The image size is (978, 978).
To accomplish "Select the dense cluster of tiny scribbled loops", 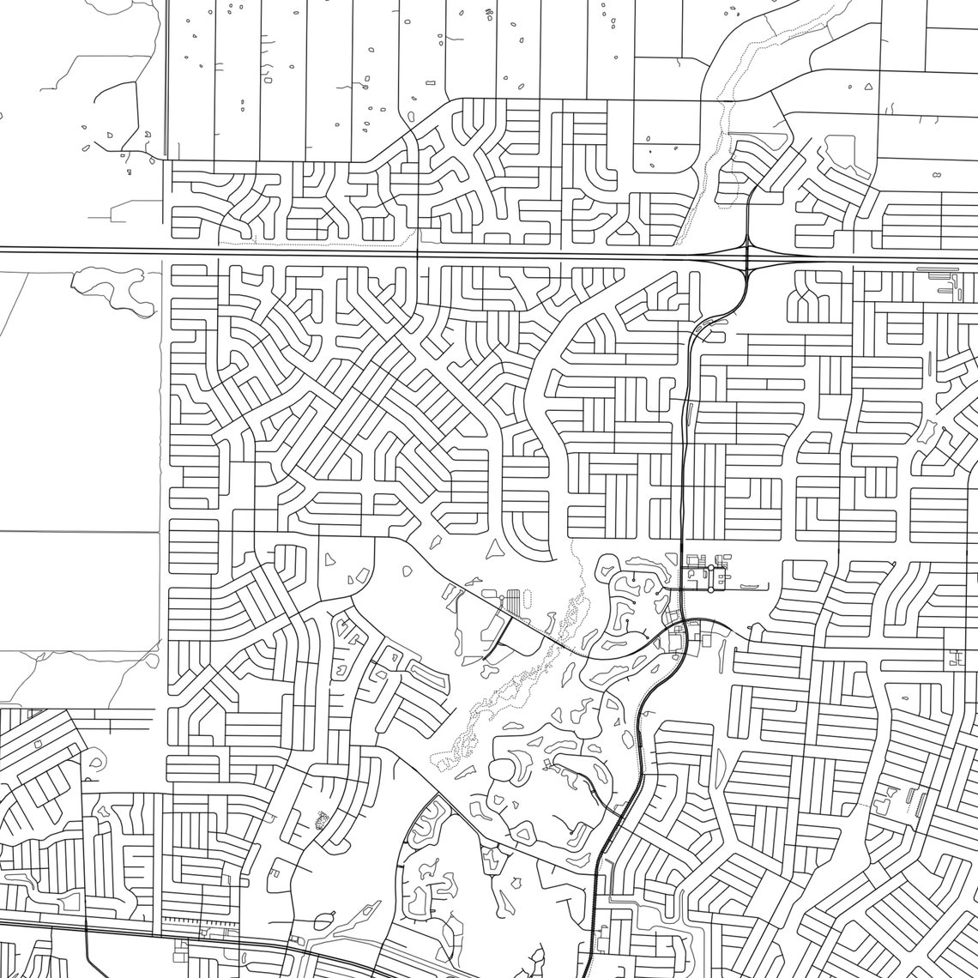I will point(323,821).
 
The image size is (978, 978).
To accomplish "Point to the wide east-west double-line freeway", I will point(343,251).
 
